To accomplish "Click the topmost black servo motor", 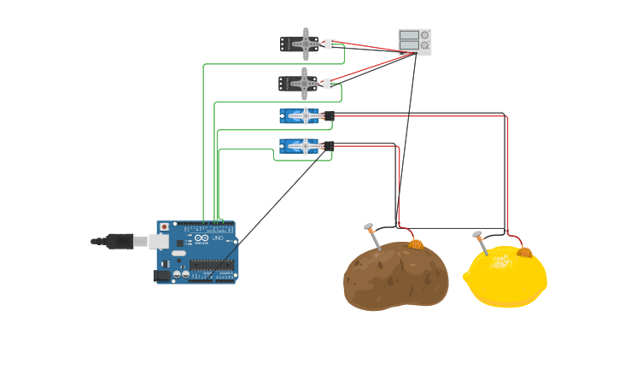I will pyautogui.click(x=301, y=44).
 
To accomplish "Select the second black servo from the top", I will pyautogui.click(x=299, y=84).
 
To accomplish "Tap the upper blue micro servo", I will pyautogui.click(x=300, y=115).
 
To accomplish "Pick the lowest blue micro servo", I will pyautogui.click(x=300, y=146).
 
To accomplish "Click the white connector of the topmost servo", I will pyautogui.click(x=330, y=44).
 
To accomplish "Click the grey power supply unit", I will pyautogui.click(x=415, y=41).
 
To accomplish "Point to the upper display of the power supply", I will pyautogui.click(x=409, y=35).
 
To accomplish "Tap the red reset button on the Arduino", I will pyautogui.click(x=165, y=227).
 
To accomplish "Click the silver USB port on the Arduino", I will pyautogui.click(x=159, y=242).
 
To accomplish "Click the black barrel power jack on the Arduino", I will pyautogui.click(x=161, y=275).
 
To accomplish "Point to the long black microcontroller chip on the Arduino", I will pyautogui.click(x=213, y=266).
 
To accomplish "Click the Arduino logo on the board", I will pyautogui.click(x=201, y=238).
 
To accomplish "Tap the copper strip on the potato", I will pyautogui.click(x=416, y=244).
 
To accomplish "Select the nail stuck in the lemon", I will pyautogui.click(x=480, y=242).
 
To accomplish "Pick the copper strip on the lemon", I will pyautogui.click(x=524, y=252).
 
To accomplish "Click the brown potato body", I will pyautogui.click(x=394, y=278).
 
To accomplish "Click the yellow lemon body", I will pyautogui.click(x=507, y=279).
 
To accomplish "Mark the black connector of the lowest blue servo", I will pyautogui.click(x=329, y=146).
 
